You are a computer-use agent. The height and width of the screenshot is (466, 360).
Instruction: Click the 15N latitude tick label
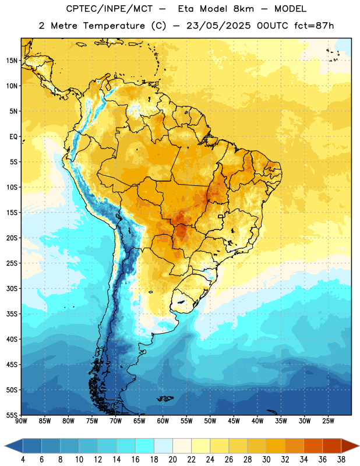coord(12,61)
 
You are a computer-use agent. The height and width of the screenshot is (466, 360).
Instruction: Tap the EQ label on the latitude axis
coord(13,137)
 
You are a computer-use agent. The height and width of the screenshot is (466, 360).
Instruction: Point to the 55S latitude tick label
coord(12,415)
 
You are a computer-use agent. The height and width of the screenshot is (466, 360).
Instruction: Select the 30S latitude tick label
coord(12,288)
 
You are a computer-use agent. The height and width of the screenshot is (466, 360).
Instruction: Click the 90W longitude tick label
coord(21,421)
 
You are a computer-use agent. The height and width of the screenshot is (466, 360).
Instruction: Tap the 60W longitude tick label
coord(163,421)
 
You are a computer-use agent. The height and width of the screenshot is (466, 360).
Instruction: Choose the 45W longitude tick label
coord(234,421)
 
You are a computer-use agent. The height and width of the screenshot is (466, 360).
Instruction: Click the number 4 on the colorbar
coord(23,460)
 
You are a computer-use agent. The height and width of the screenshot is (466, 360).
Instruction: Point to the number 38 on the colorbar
coord(341,460)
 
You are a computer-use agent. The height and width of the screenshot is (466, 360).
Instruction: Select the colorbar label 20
coord(172,460)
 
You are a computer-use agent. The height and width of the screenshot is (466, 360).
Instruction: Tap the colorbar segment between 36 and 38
coord(332,446)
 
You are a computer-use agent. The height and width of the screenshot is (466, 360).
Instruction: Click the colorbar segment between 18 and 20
coord(163,446)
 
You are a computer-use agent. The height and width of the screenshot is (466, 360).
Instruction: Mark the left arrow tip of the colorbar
coord(5,446)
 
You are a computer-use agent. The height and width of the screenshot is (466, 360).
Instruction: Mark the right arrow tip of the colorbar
coord(359,446)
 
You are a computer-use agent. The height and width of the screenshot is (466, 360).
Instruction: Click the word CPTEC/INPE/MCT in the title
coord(110,9)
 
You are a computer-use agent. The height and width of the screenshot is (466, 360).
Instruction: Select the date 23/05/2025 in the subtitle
coord(218,26)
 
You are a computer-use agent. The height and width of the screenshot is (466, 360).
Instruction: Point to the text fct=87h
coord(314,26)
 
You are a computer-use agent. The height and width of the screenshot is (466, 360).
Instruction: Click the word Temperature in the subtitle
coord(114,26)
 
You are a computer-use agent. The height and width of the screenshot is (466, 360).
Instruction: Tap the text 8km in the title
coord(243,9)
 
